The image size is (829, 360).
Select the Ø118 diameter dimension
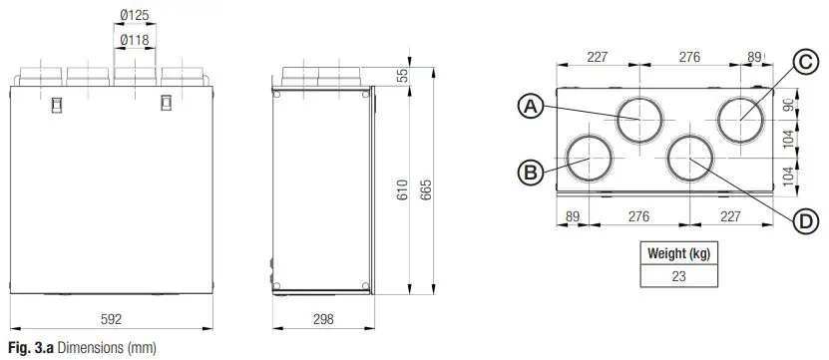(x=134, y=40)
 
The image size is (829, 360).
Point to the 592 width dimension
(x=112, y=320)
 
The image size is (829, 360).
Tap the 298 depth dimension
(x=321, y=320)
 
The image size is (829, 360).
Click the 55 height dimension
(x=402, y=76)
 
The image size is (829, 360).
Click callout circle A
(x=531, y=106)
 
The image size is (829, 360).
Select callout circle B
(x=531, y=171)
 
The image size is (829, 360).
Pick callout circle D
(x=806, y=221)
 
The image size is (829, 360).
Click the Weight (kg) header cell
(x=678, y=253)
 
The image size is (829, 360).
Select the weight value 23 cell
(x=678, y=276)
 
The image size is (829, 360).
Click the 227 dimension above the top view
(x=597, y=58)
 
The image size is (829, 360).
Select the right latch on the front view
(x=166, y=102)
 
